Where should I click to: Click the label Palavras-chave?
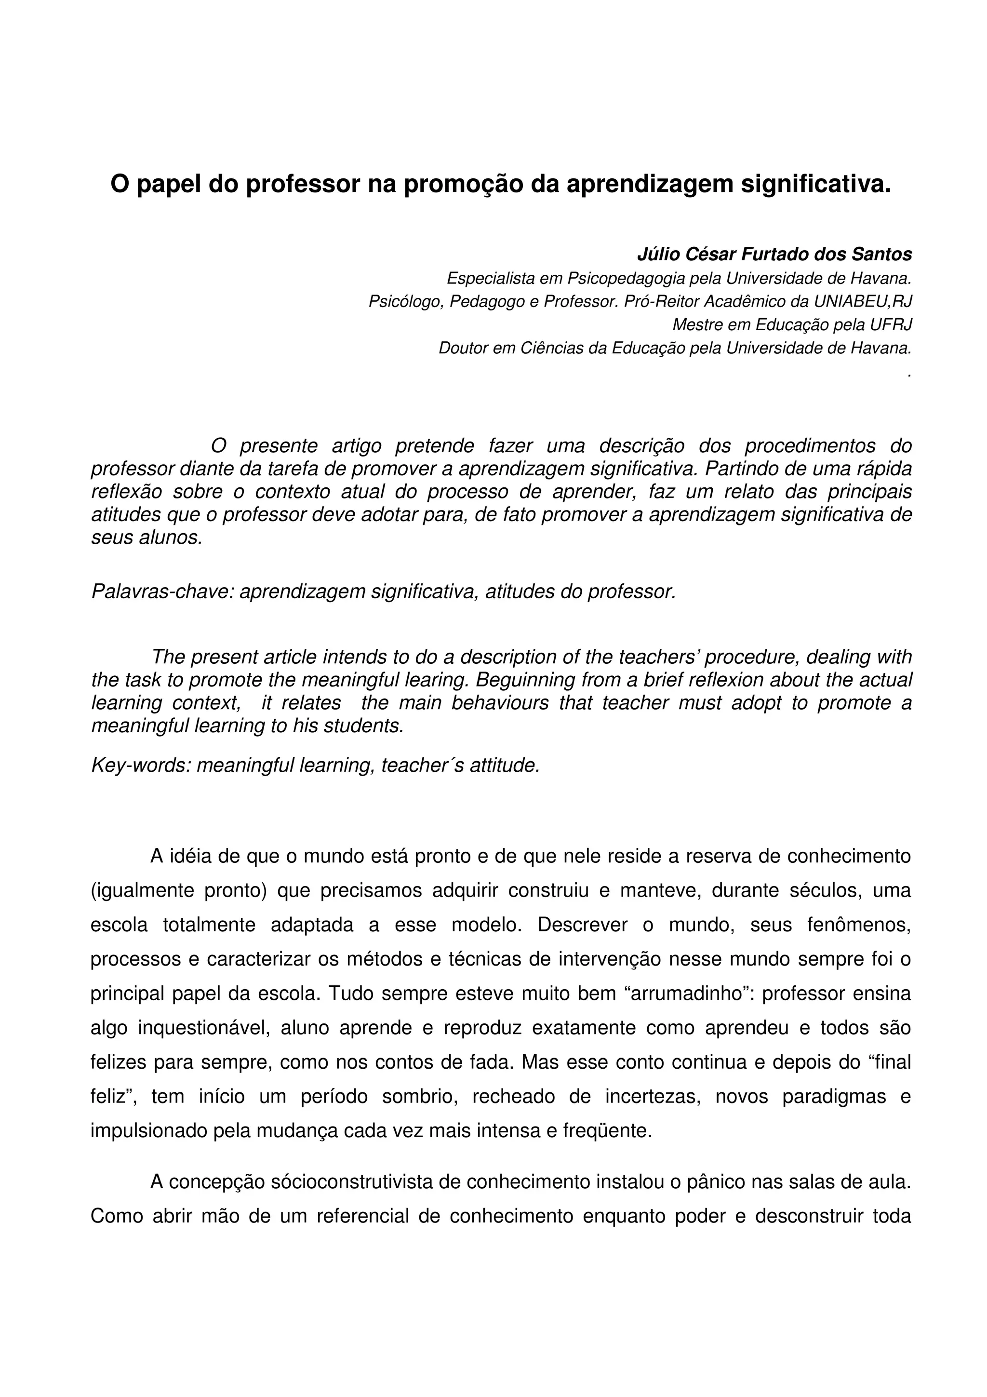pos(162,591)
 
